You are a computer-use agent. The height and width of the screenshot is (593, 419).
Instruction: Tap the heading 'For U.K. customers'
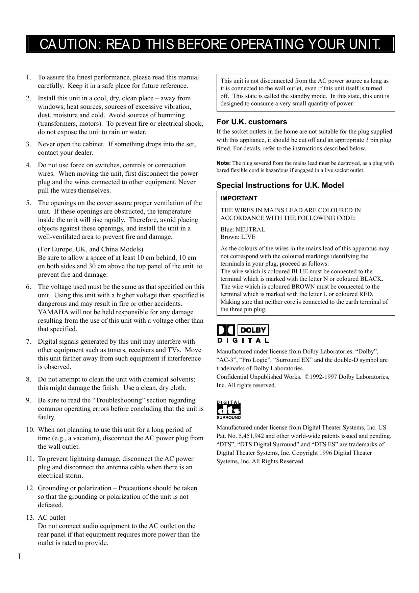(251, 122)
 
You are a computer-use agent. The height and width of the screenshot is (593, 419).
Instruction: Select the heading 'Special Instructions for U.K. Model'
(280, 186)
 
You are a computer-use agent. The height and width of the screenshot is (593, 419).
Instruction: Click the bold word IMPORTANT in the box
(239, 198)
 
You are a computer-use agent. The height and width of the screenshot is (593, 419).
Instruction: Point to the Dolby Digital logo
(243, 334)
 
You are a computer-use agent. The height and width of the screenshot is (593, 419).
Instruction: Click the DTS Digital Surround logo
(228, 410)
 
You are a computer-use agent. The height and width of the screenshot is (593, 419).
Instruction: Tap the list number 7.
(28, 342)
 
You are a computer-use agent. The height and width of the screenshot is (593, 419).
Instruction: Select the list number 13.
(30, 518)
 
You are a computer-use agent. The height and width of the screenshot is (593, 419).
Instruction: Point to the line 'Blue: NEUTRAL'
(243, 229)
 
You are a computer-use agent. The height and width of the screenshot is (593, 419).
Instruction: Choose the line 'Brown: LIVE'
(238, 237)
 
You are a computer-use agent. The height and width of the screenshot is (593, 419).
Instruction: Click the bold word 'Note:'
(223, 163)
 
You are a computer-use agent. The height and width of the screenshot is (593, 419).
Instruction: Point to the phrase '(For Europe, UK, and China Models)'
(90, 249)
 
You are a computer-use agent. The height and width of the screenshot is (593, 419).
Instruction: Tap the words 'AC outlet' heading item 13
(52, 518)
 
